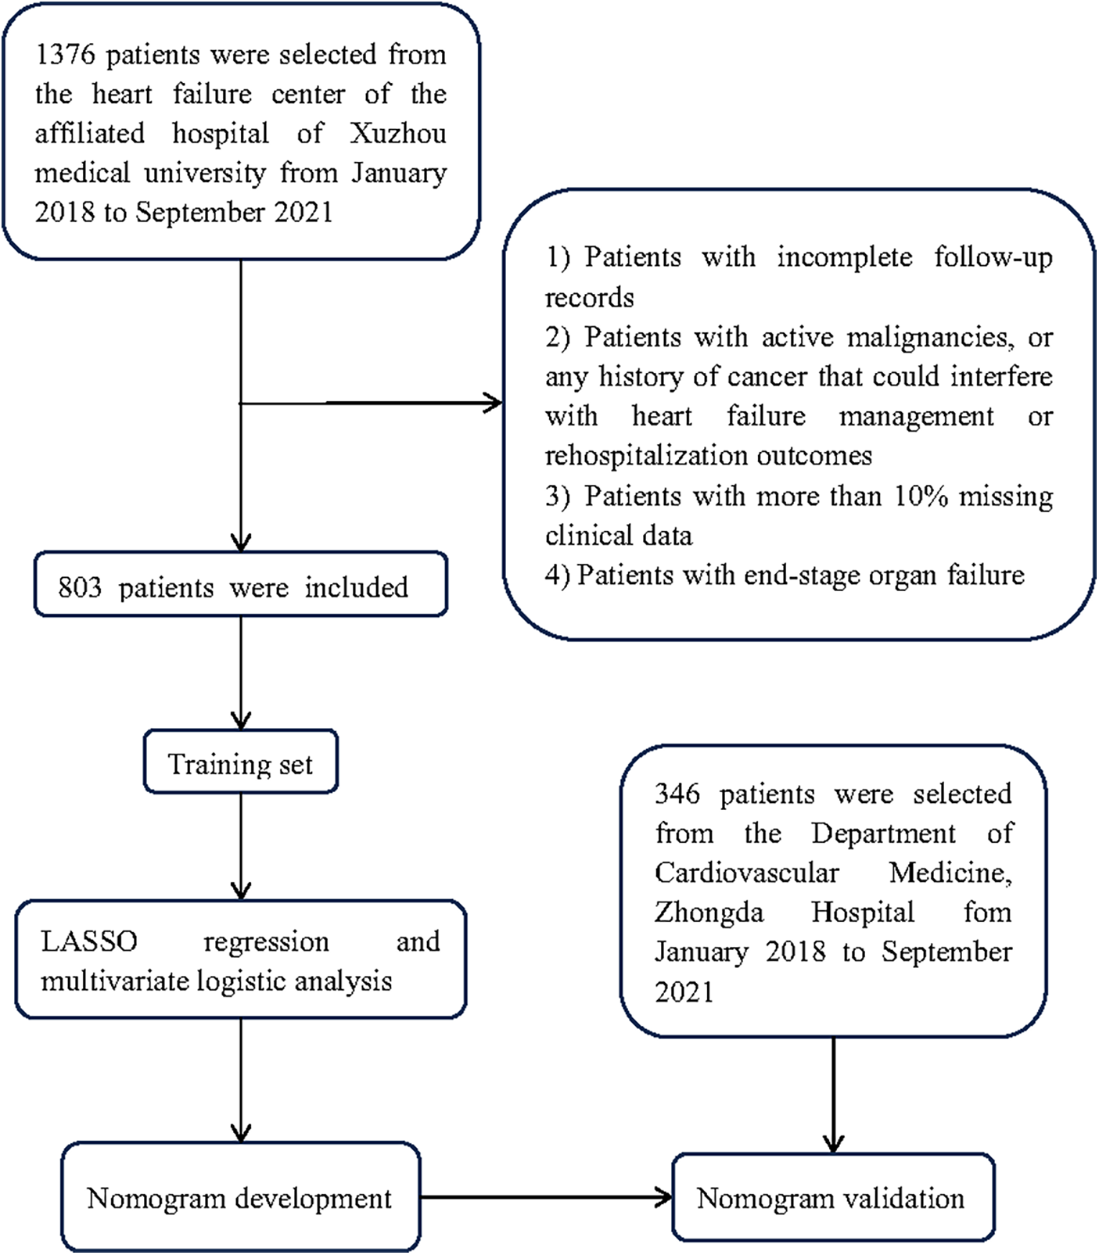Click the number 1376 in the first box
65,56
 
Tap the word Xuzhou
397,134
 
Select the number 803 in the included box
80,587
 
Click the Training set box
240,763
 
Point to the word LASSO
88,941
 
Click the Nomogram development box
239,1198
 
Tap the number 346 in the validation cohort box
677,794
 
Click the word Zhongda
709,913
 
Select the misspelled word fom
987,913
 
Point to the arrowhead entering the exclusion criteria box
493,403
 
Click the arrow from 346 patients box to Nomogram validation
834,1095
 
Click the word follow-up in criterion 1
993,257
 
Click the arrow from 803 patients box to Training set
241,672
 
